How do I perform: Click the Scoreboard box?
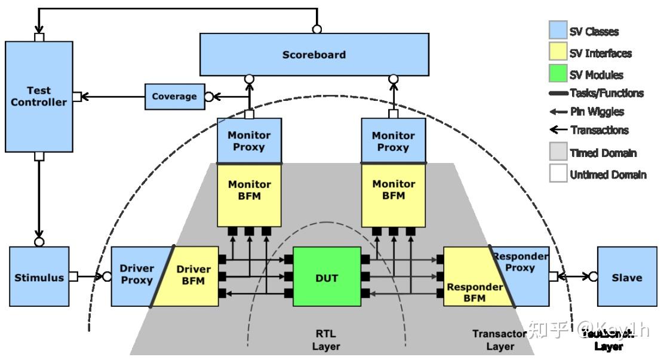[x=313, y=54]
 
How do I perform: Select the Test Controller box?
[x=39, y=96]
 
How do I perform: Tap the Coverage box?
[x=174, y=97]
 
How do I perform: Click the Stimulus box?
[x=39, y=277]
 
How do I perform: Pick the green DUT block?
[x=327, y=278]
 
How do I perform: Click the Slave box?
[x=627, y=278]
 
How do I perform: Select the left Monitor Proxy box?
[x=249, y=141]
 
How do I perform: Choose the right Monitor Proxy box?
[x=394, y=141]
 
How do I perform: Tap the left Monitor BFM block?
[x=249, y=190]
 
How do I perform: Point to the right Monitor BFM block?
[x=394, y=190]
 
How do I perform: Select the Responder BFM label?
[x=475, y=292]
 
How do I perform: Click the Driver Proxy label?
[x=137, y=274]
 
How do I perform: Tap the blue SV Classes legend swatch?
[x=558, y=30]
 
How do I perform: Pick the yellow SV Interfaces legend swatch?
[x=558, y=53]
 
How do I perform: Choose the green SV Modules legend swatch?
[x=558, y=74]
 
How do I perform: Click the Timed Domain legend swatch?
[x=558, y=152]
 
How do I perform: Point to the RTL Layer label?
[x=326, y=340]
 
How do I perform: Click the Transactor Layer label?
[x=499, y=340]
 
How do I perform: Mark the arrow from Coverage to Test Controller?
[x=113, y=97]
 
